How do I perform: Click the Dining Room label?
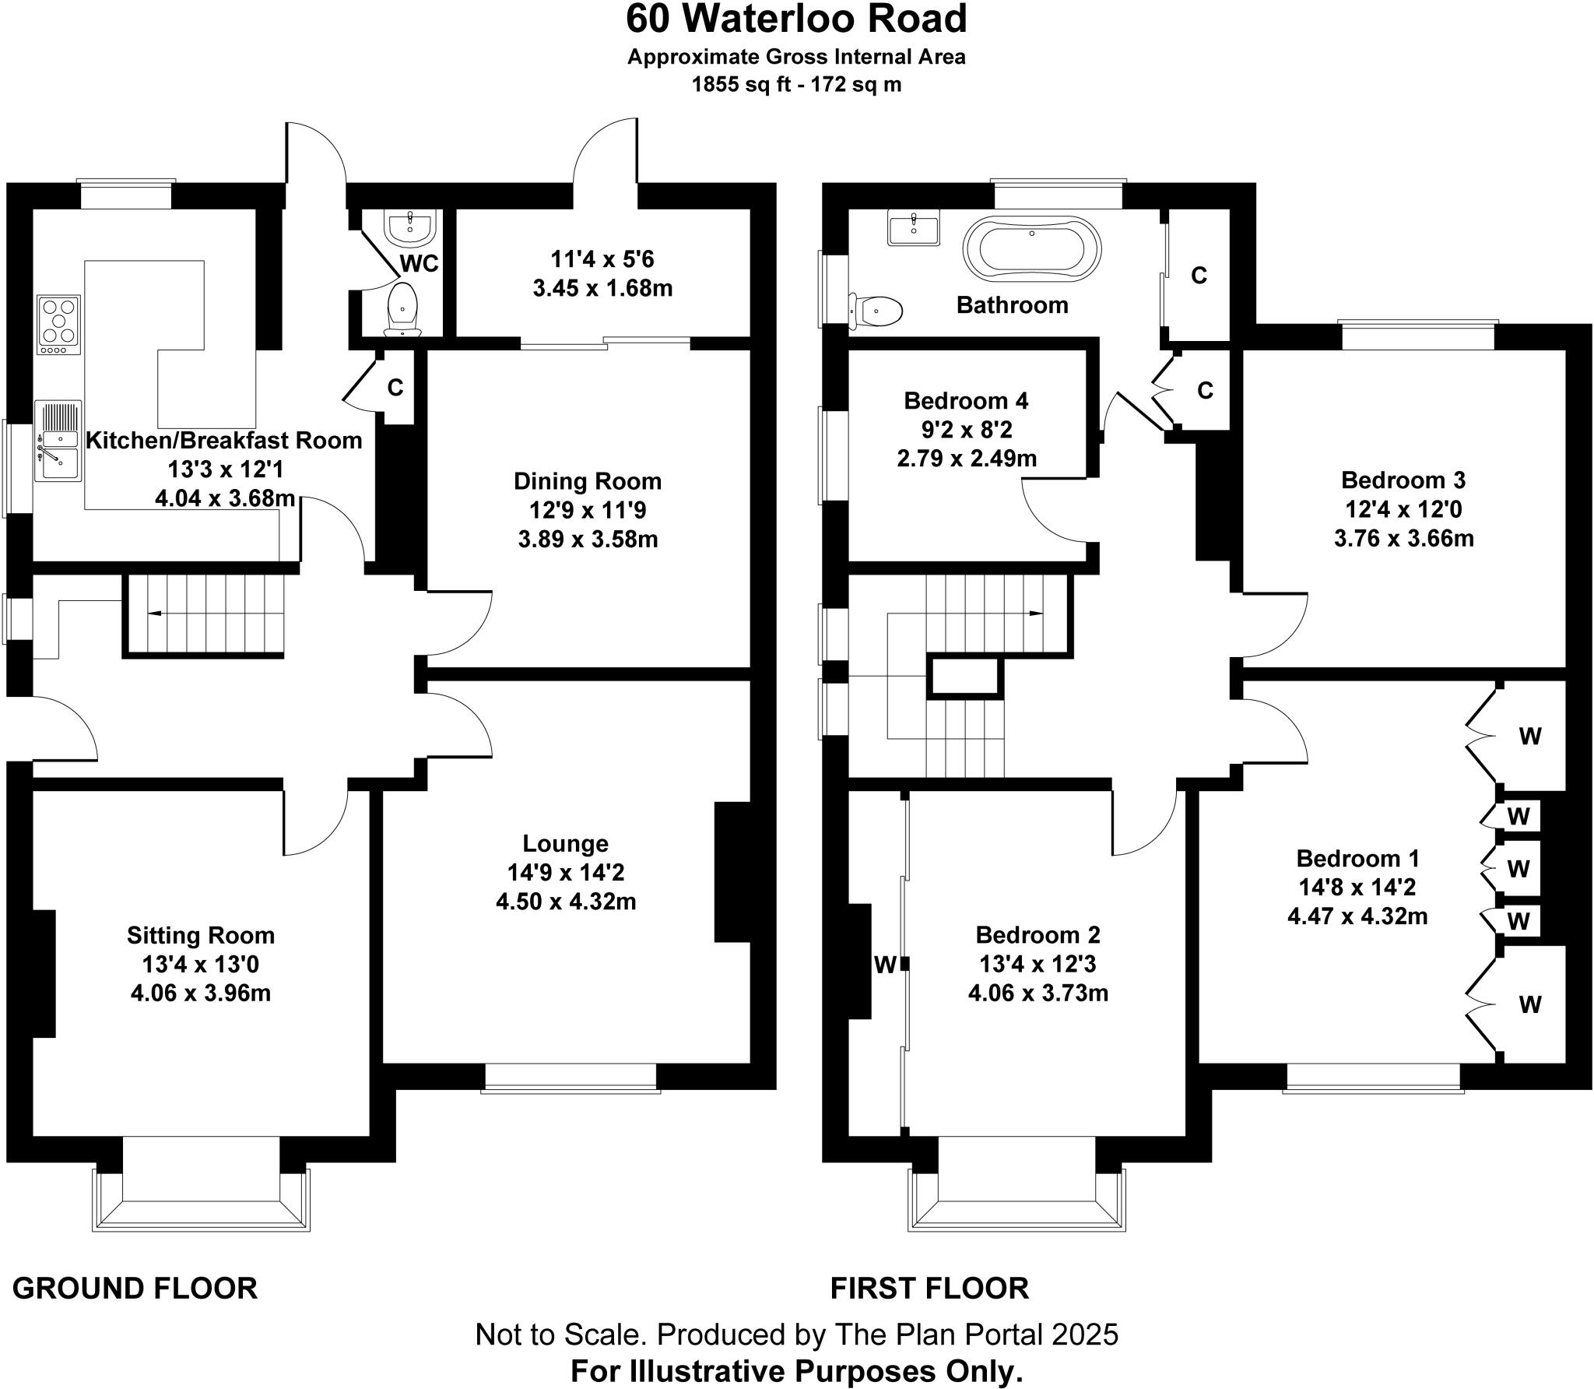click(x=588, y=481)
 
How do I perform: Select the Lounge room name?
click(x=565, y=843)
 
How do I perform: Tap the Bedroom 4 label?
click(x=966, y=401)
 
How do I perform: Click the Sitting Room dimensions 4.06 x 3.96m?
click(x=201, y=993)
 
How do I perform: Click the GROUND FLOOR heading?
click(x=135, y=1289)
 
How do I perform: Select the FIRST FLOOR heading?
click(x=929, y=1289)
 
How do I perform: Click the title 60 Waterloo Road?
click(x=796, y=19)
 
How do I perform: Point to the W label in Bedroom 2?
click(x=884, y=965)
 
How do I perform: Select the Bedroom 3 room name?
click(x=1403, y=480)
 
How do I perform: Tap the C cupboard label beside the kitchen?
click(x=395, y=387)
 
